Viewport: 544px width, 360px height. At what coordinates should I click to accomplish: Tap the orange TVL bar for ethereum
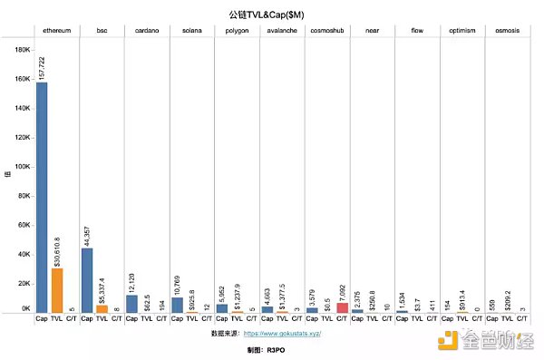tap(57, 290)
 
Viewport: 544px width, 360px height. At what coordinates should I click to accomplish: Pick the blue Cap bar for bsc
tap(87, 280)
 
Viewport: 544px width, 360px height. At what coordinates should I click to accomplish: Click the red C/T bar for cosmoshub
tap(341, 307)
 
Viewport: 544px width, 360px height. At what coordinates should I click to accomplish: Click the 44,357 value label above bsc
tap(87, 231)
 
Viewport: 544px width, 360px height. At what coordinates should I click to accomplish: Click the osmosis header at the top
tap(507, 30)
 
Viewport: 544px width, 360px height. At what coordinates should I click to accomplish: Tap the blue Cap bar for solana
tap(177, 305)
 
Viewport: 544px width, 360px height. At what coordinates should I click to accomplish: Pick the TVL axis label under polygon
tap(237, 319)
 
